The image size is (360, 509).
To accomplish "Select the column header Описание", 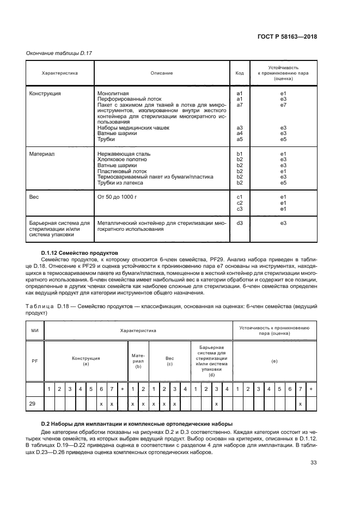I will point(162,72).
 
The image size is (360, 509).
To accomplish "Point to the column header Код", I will point(239,72).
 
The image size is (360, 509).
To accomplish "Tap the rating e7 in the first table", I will point(283,105).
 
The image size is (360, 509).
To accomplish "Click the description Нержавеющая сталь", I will point(124,154).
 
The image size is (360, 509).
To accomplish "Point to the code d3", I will point(239,223).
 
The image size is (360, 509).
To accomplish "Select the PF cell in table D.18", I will point(35,360).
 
